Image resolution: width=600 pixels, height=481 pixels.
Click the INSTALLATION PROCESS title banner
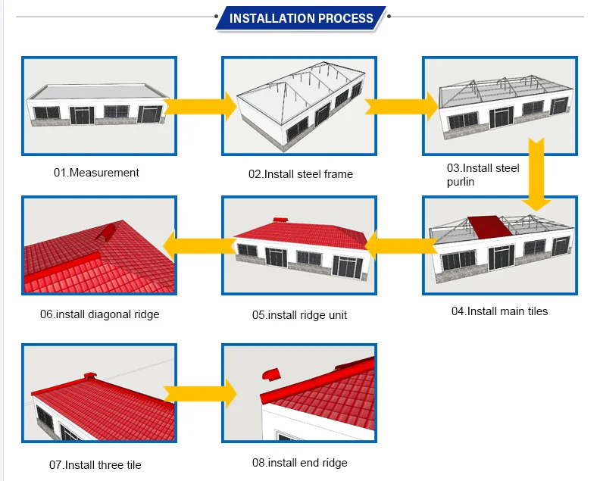point(302,18)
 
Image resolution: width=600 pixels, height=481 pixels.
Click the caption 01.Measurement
point(96,173)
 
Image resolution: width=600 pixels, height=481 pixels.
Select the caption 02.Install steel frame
point(301,174)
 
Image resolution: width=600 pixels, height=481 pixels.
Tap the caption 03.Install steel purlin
point(483,174)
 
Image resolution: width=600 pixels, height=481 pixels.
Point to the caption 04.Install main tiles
point(499,311)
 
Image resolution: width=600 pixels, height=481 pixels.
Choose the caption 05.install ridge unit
point(299,315)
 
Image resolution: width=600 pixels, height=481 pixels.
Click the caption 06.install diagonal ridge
point(99,314)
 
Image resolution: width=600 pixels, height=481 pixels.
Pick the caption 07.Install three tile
point(95,465)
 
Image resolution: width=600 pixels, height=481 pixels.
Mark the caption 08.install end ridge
point(299,463)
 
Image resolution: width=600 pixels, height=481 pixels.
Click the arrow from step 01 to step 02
point(200,107)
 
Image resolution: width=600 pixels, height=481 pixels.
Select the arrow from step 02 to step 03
point(402,107)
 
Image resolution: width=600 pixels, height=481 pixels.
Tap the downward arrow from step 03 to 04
point(536,174)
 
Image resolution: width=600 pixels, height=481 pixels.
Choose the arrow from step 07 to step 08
point(200,393)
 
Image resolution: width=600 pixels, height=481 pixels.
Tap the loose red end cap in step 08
point(271,374)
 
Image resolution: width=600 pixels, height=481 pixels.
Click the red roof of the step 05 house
point(302,235)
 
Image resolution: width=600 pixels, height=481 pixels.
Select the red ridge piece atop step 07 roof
point(90,376)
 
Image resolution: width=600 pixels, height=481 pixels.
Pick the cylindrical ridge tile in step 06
point(106,233)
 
